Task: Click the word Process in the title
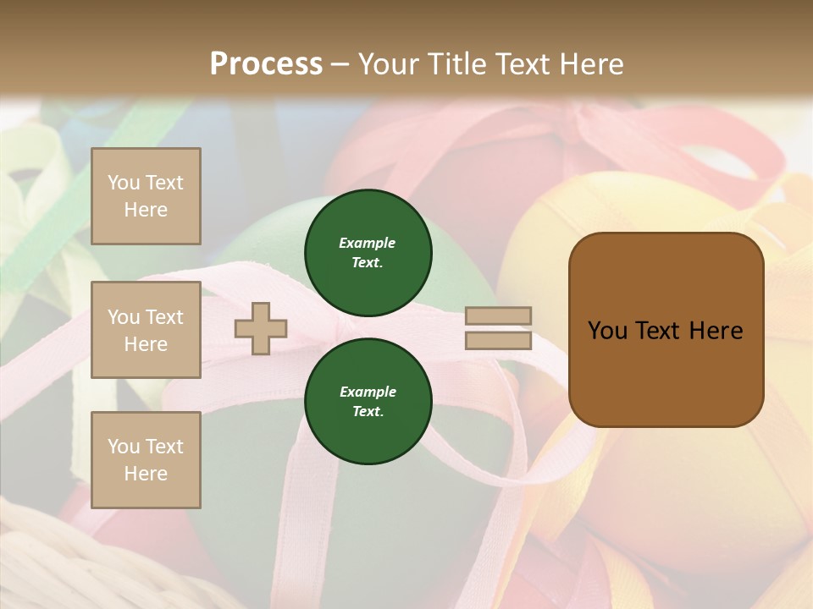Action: (266, 64)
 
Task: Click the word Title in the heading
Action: (457, 64)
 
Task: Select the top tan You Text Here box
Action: (146, 196)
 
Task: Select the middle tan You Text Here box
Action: (146, 330)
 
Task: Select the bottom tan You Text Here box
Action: (146, 460)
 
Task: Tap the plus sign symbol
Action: (261, 328)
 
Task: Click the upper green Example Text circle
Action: (368, 252)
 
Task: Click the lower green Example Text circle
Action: (368, 401)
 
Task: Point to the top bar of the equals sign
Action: (498, 316)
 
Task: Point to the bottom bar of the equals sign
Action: (498, 341)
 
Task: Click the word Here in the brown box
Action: (716, 331)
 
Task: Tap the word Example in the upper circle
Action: (368, 244)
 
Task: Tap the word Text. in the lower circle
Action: (368, 412)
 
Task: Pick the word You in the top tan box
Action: (124, 183)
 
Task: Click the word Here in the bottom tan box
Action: (146, 474)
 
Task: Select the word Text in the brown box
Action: (658, 331)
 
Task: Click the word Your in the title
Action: (390, 64)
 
